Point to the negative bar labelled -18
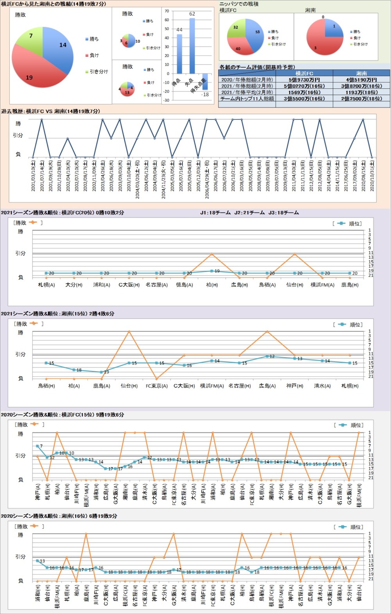[205, 82]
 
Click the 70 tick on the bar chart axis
[167, 11]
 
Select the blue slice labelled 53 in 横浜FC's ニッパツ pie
[255, 35]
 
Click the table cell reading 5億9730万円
[304, 80]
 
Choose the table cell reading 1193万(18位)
[361, 92]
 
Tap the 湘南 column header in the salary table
[361, 73]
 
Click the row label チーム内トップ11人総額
[247, 99]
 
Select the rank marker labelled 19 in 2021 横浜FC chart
[212, 271]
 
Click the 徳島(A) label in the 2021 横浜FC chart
[184, 285]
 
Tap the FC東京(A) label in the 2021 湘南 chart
[156, 386]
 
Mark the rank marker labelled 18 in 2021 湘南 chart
[74, 369]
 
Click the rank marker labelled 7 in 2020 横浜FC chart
[38, 446]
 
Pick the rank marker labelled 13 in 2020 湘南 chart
[38, 560]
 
